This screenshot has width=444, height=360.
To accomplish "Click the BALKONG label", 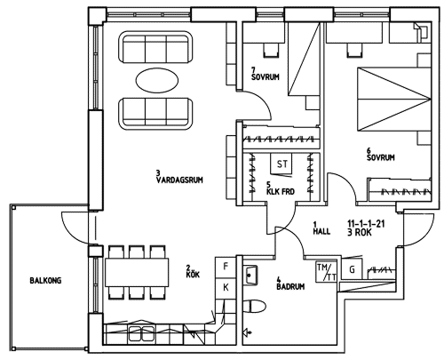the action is (x=45, y=280).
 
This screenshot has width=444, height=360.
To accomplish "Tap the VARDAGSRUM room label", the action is (x=179, y=180).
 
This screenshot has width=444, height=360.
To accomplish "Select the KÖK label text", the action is (x=193, y=275).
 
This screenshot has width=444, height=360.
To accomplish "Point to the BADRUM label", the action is (x=290, y=286).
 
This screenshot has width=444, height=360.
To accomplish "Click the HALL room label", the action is (x=321, y=231).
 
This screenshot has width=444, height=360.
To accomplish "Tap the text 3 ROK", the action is (x=360, y=233).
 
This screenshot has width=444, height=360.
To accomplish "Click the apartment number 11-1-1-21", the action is (x=366, y=223).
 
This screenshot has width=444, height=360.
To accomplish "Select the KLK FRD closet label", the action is (x=281, y=191).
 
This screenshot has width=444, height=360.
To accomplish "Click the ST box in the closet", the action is (x=281, y=164).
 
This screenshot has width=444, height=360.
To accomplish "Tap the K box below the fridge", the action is (x=226, y=288).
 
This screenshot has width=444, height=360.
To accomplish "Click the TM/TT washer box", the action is (x=327, y=272).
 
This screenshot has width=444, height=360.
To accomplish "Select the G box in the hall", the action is (x=352, y=269).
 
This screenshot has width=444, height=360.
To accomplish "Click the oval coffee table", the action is (x=157, y=80).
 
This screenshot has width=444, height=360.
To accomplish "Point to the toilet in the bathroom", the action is (x=255, y=307).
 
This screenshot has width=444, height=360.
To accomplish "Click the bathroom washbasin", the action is (x=250, y=276).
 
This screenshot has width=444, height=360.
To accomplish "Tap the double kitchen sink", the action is (x=142, y=333).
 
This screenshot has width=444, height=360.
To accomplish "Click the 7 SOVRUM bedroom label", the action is (x=265, y=74).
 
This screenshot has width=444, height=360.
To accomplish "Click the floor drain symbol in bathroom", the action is (x=248, y=332).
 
